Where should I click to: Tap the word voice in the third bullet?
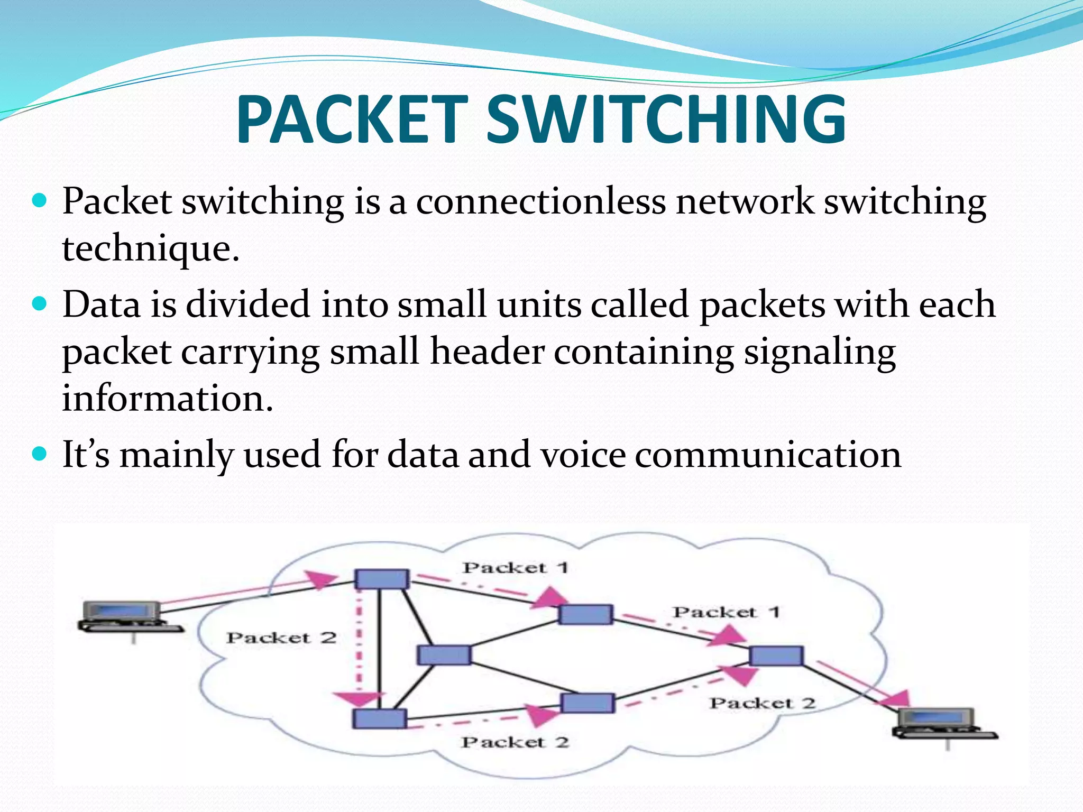click(583, 455)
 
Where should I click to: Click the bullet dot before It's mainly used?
click(40, 454)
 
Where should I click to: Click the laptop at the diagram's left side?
click(127, 616)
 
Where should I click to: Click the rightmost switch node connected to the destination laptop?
click(776, 656)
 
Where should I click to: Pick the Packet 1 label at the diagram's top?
click(515, 568)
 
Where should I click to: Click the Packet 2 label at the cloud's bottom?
click(515, 742)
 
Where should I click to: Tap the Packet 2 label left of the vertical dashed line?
click(281, 638)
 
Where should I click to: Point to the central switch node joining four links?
click(444, 655)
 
